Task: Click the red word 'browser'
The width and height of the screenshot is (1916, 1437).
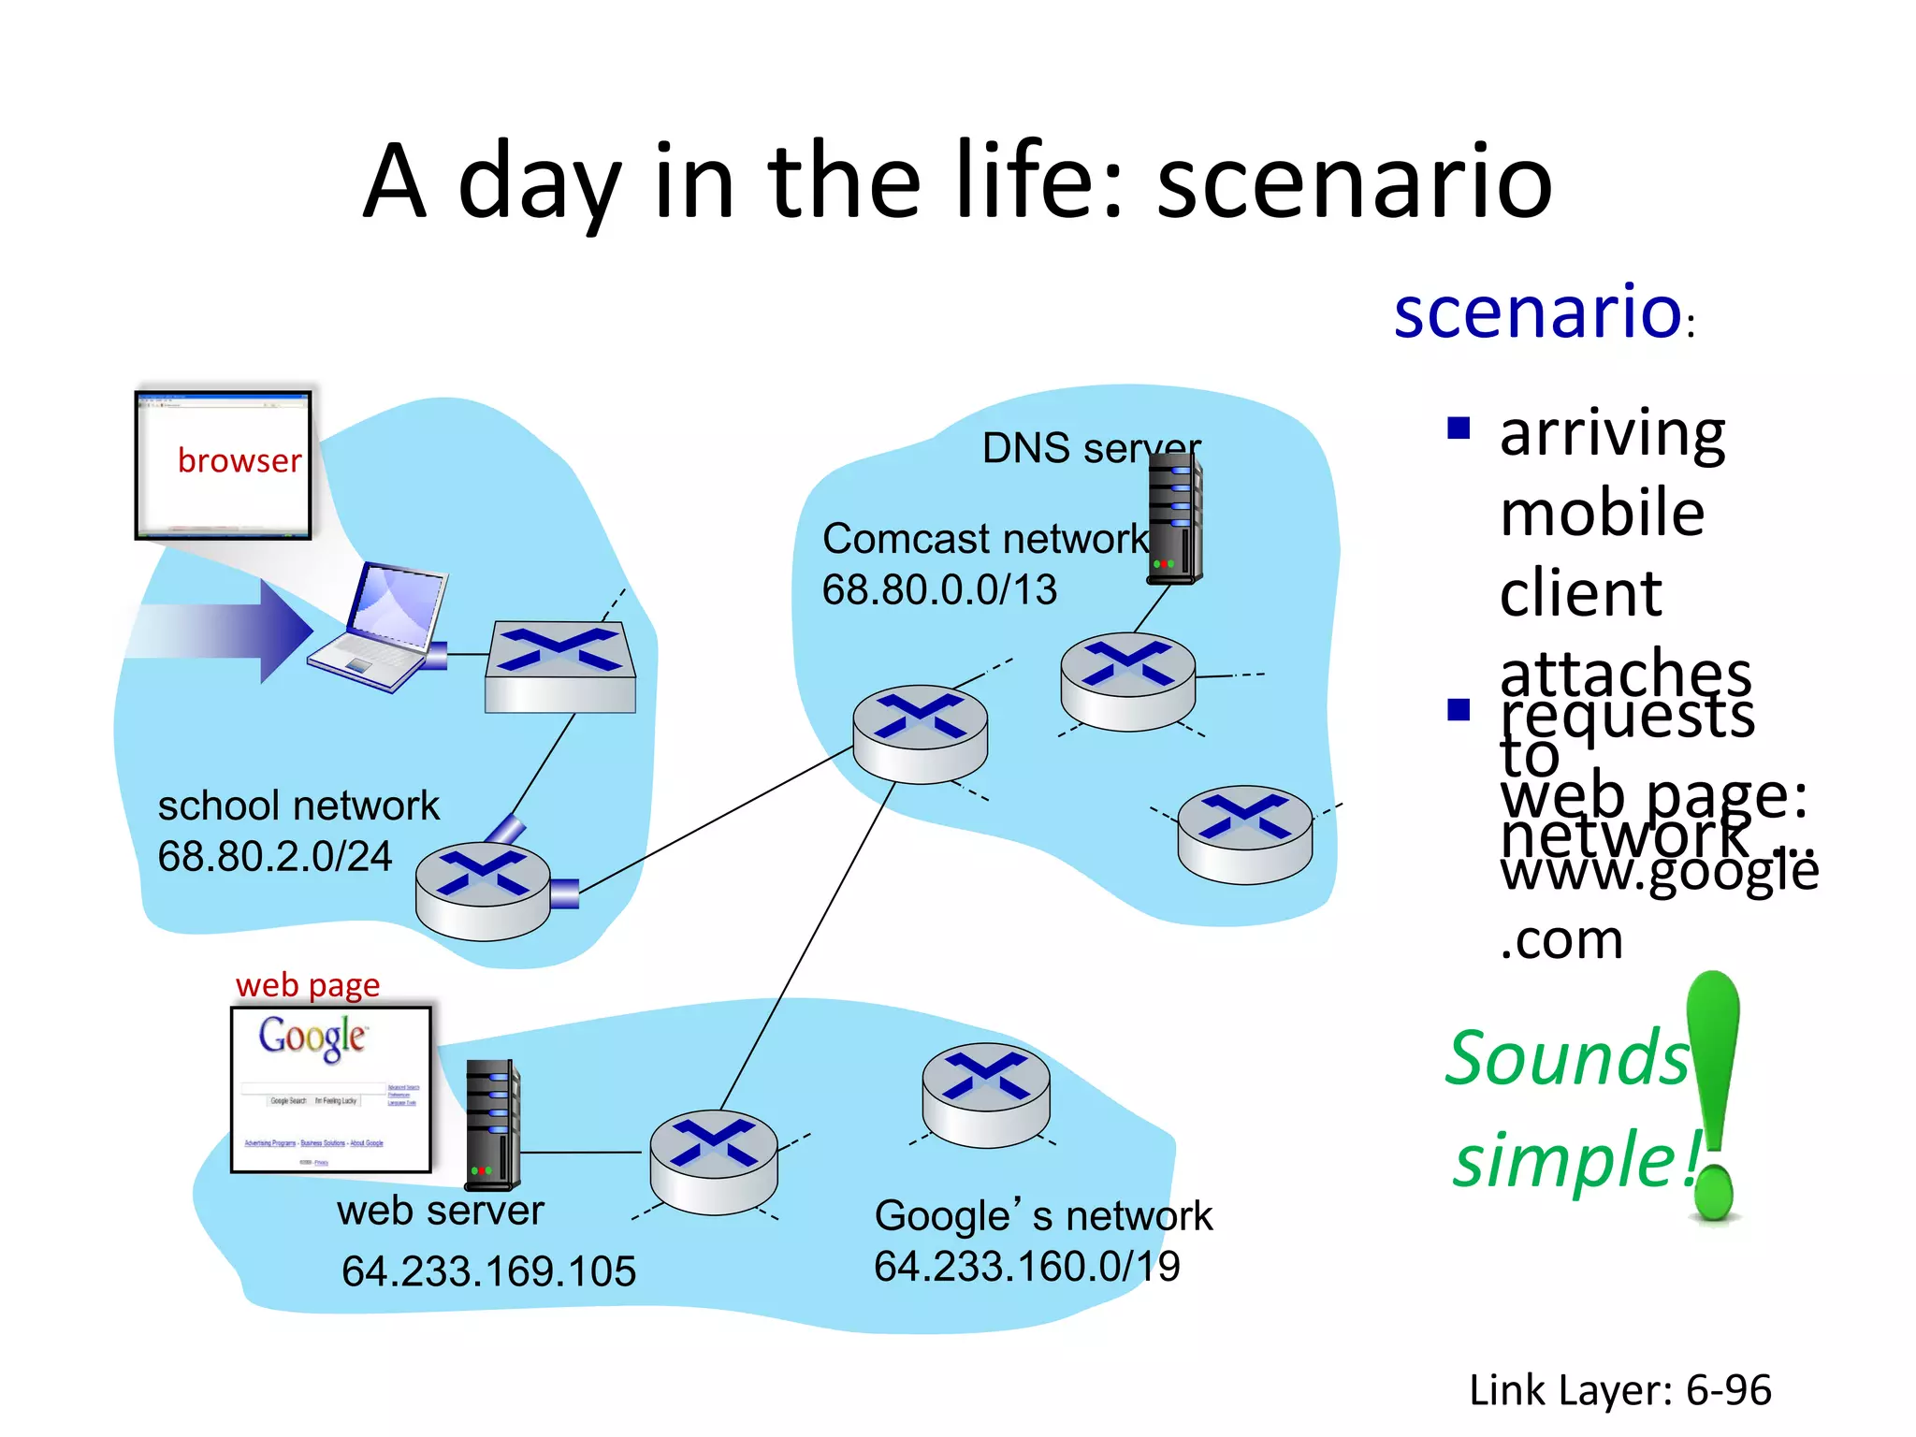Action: pyautogui.click(x=239, y=460)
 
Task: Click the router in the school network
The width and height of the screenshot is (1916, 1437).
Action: pyautogui.click(x=483, y=891)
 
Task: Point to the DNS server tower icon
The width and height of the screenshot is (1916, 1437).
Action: pyautogui.click(x=1175, y=518)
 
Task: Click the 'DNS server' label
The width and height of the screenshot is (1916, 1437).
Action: pyautogui.click(x=1091, y=448)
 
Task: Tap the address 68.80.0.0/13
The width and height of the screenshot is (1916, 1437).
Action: pyautogui.click(x=939, y=589)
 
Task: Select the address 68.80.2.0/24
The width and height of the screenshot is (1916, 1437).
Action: pyautogui.click(x=275, y=856)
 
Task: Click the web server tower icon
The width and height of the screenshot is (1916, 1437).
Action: pyautogui.click(x=493, y=1124)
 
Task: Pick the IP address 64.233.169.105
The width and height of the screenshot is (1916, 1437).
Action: pyautogui.click(x=488, y=1270)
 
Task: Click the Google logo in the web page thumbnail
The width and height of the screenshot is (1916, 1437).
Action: pyautogui.click(x=312, y=1038)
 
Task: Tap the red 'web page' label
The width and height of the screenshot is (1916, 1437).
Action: pyautogui.click(x=308, y=985)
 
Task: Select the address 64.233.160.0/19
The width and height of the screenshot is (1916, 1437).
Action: pyautogui.click(x=1027, y=1266)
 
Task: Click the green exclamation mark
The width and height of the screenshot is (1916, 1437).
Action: pyautogui.click(x=1714, y=1095)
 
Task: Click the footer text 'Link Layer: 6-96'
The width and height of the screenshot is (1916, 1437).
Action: pyautogui.click(x=1619, y=1389)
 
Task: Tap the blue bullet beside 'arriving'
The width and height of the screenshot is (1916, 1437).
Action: pyautogui.click(x=1459, y=428)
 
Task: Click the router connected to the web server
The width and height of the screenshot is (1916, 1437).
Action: pyautogui.click(x=714, y=1162)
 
